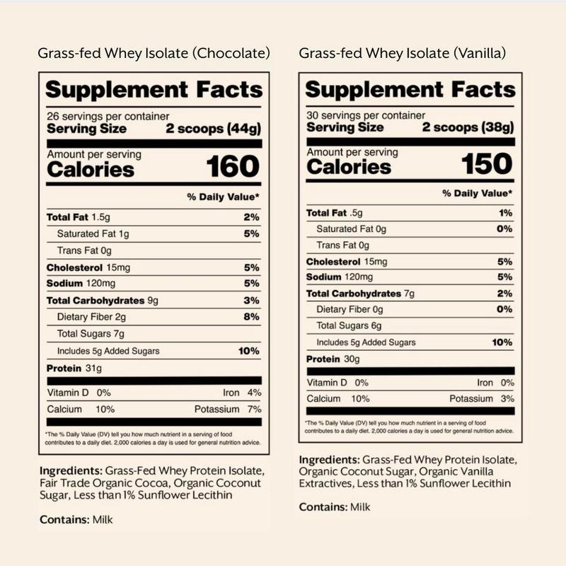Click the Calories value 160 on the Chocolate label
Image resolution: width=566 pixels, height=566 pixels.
[233, 166]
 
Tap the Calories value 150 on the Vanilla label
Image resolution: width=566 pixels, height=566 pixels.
[486, 163]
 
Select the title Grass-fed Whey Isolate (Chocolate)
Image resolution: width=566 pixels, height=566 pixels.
[155, 53]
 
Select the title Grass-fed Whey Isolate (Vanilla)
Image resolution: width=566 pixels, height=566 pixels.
[402, 53]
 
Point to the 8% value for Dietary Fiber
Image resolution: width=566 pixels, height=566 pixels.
[252, 317]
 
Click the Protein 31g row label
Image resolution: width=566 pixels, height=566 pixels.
[74, 369]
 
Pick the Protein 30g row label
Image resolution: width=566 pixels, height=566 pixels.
[333, 359]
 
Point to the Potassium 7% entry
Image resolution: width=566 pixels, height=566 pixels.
[228, 409]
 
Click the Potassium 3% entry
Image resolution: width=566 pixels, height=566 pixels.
[481, 399]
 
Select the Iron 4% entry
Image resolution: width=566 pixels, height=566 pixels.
[242, 392]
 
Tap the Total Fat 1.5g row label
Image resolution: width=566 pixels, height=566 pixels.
[79, 217]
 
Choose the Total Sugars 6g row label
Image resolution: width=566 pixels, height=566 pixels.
[349, 326]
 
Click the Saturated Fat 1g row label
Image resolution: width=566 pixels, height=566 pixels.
[89, 233]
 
